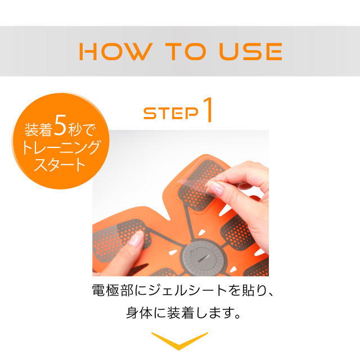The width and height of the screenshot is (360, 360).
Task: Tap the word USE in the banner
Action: pyautogui.click(x=250, y=51)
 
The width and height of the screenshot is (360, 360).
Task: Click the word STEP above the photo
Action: pyautogui.click(x=170, y=113)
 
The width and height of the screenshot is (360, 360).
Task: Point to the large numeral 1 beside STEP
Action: pyautogui.click(x=208, y=110)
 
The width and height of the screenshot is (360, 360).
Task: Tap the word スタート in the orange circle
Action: pyautogui.click(x=60, y=164)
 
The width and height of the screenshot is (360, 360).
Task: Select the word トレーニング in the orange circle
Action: pyautogui.click(x=61, y=147)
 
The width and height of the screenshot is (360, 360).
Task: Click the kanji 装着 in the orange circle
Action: pyautogui.click(x=38, y=129)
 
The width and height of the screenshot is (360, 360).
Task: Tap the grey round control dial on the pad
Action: pyautogui.click(x=202, y=258)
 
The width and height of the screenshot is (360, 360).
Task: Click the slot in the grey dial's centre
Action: pyautogui.click(x=203, y=258)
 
